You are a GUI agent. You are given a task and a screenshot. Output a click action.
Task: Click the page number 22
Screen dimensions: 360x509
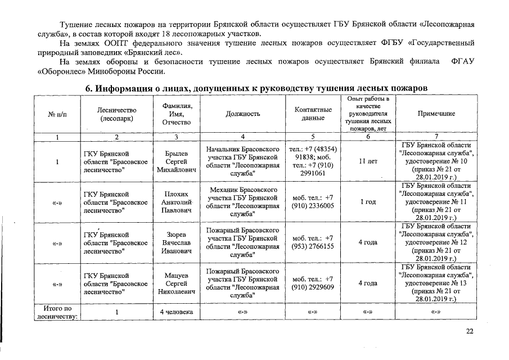click(x=470, y=331)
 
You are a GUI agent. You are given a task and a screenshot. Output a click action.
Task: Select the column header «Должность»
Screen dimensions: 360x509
click(x=242, y=114)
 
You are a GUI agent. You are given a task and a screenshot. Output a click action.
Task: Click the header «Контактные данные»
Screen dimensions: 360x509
click(x=313, y=114)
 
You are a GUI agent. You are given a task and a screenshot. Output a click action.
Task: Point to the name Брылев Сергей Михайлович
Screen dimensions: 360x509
click(x=176, y=161)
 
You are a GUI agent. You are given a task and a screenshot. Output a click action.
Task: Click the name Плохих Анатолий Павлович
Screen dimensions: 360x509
click(x=176, y=202)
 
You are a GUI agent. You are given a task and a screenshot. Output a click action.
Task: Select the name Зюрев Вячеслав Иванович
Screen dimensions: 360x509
click(x=176, y=242)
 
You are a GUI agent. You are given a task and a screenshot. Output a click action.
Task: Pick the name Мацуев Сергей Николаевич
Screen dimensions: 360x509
click(x=176, y=284)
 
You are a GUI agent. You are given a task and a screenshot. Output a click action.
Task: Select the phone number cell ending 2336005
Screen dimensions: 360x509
click(x=313, y=202)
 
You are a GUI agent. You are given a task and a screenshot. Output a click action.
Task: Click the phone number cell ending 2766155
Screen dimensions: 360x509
click(x=313, y=242)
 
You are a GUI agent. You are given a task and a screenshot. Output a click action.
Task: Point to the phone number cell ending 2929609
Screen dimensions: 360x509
click(x=313, y=283)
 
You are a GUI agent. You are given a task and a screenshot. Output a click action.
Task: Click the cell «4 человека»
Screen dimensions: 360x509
click(x=176, y=312)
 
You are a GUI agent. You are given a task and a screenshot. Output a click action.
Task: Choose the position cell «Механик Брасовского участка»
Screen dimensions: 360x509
click(x=242, y=202)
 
